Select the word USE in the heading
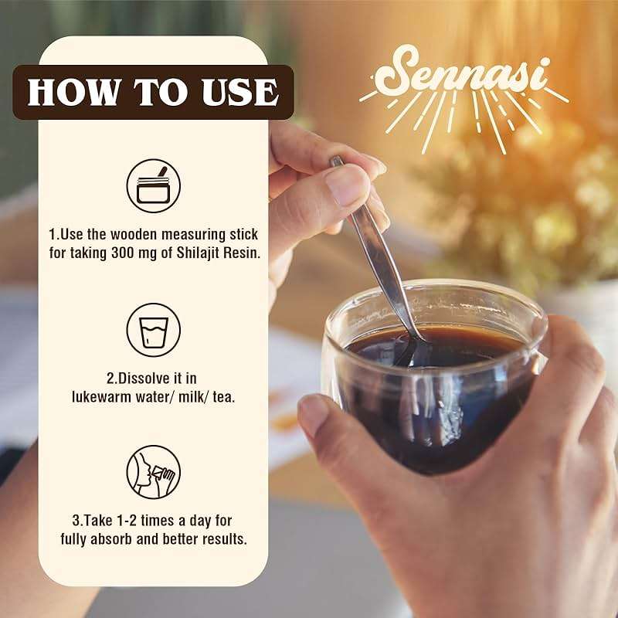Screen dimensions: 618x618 tap(240, 92)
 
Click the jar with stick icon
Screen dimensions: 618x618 tap(153, 185)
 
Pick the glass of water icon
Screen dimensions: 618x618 tap(153, 330)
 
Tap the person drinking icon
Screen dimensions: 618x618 tap(153, 472)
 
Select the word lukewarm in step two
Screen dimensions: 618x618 tap(102, 396)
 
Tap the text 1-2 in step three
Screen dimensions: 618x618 tap(127, 521)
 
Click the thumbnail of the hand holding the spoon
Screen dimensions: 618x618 tap(327, 189)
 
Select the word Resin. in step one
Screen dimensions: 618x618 tap(242, 253)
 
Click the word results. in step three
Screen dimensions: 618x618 tap(225, 538)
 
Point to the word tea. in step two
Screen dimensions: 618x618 tap(224, 396)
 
